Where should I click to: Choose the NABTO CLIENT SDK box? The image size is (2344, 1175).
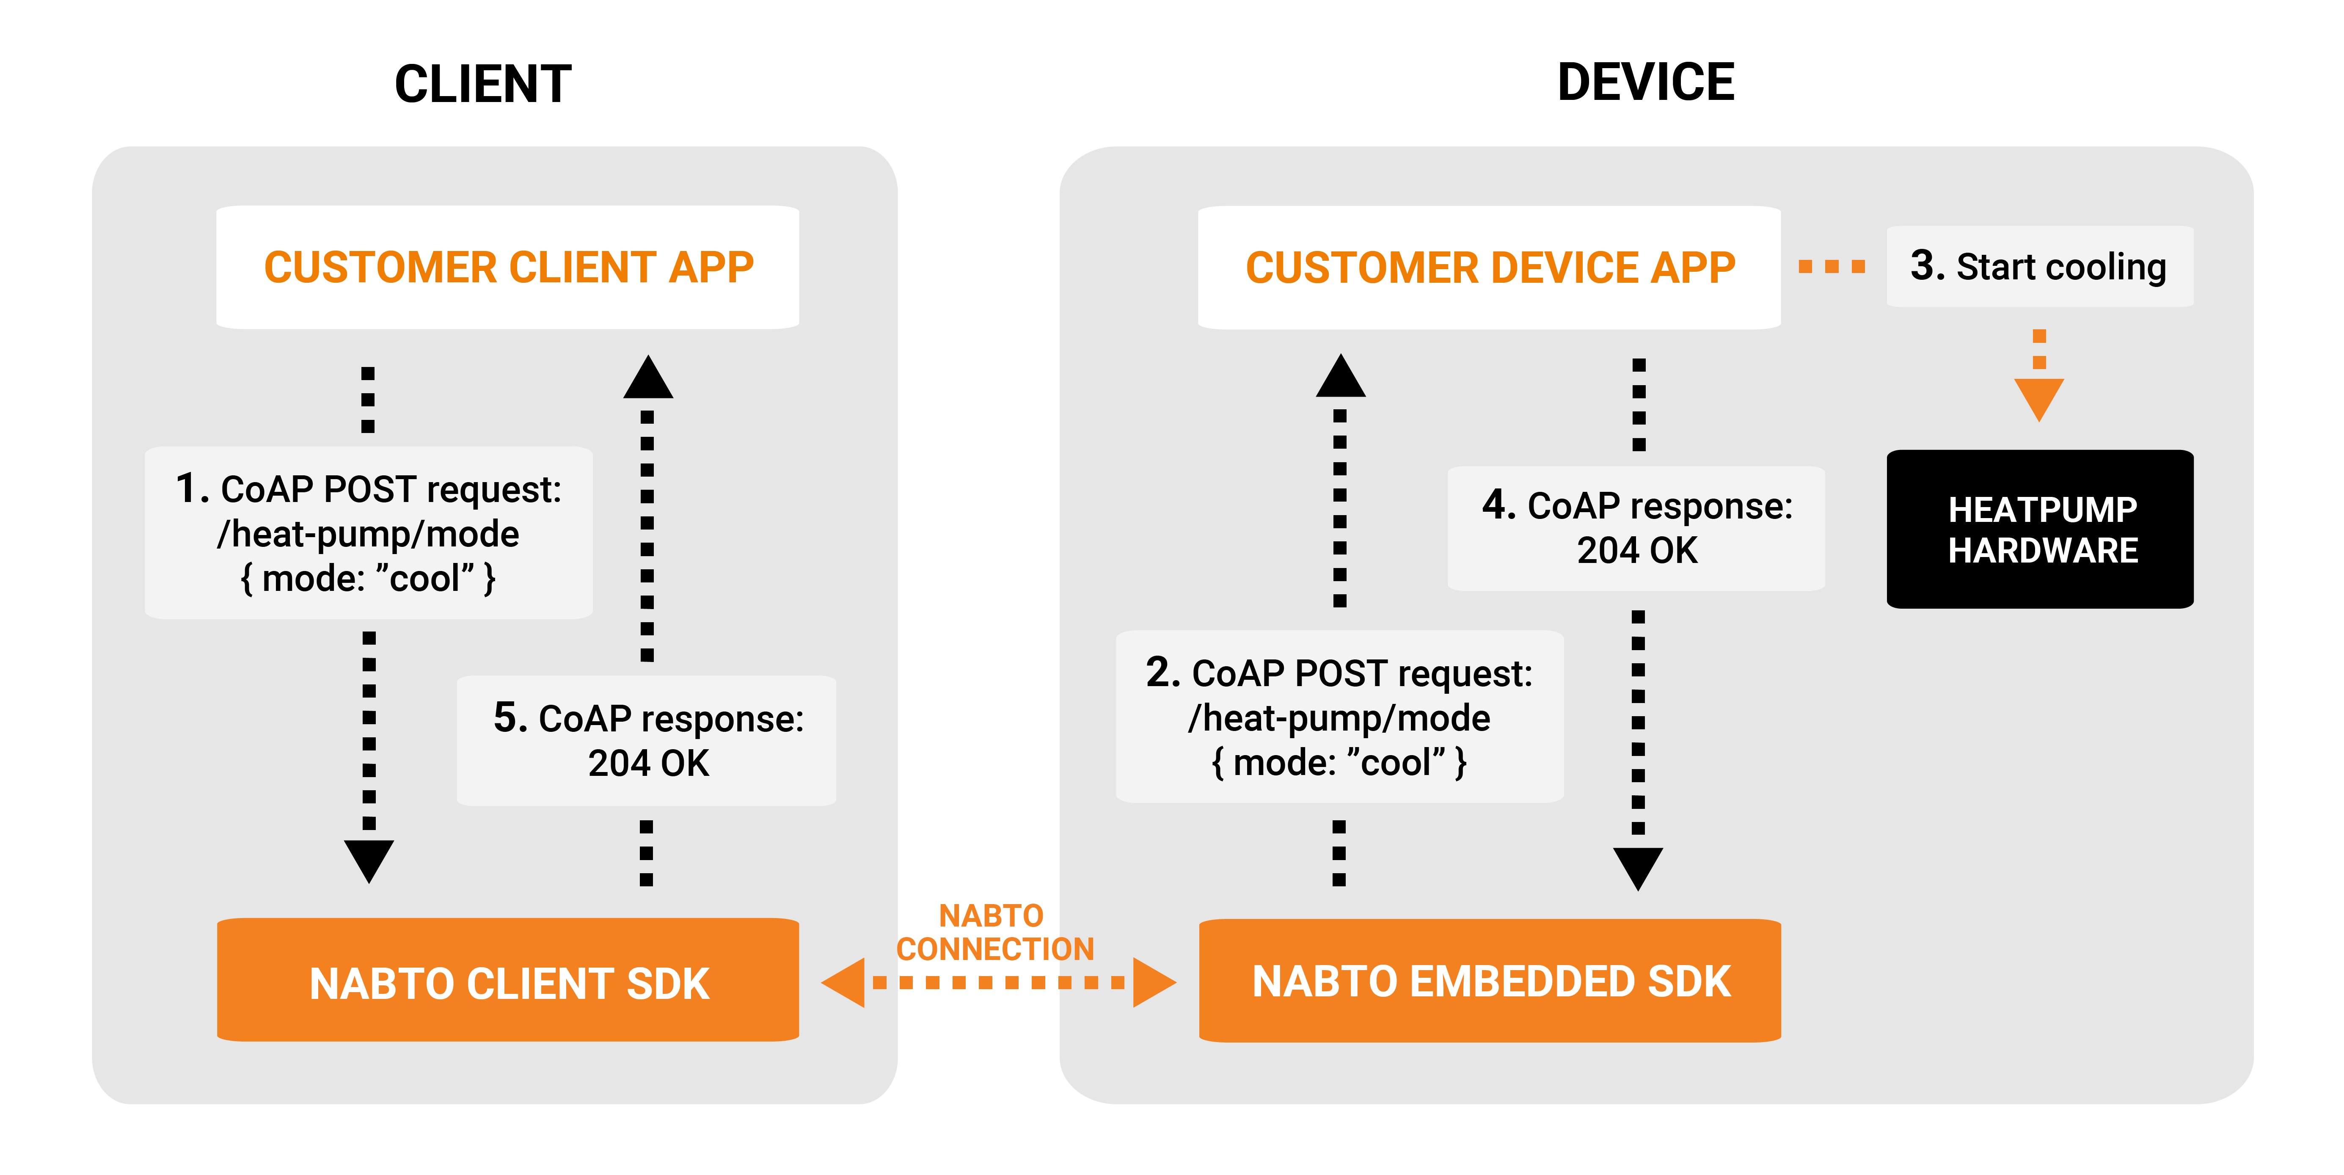point(508,981)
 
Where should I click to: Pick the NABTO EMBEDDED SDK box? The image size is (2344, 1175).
point(1490,981)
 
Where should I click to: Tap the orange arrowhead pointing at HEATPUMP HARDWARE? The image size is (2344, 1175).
point(2039,398)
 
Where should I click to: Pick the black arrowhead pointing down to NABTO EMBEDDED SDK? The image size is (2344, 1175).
point(1638,866)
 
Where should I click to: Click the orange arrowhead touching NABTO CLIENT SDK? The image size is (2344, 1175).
point(844,982)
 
